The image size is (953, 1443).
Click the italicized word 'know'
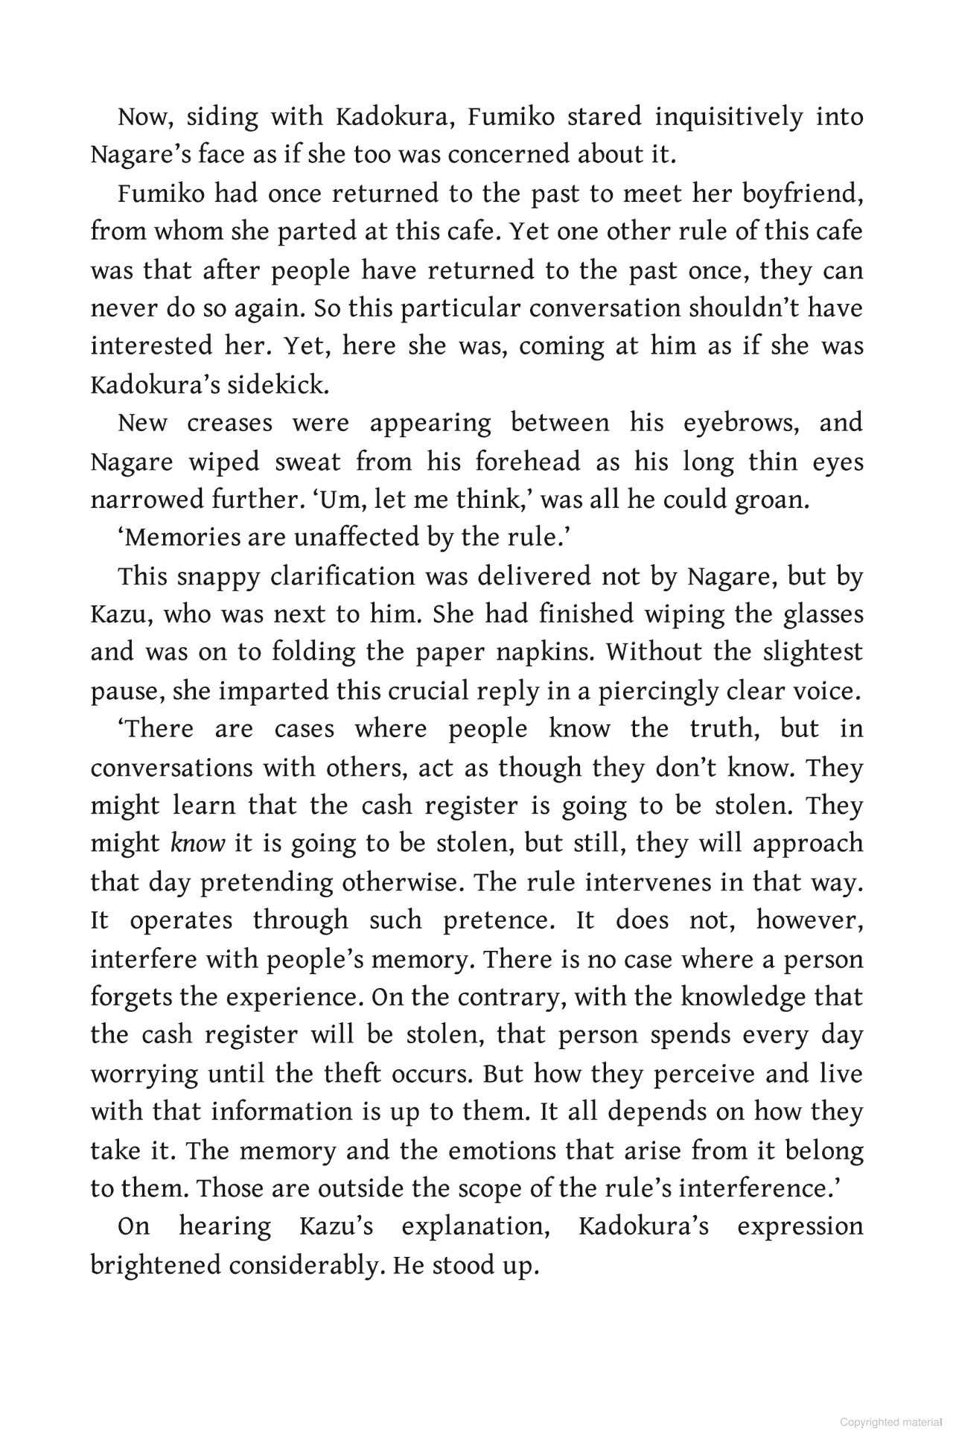pyautogui.click(x=197, y=844)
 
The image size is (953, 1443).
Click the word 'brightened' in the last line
pyautogui.click(x=156, y=1265)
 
